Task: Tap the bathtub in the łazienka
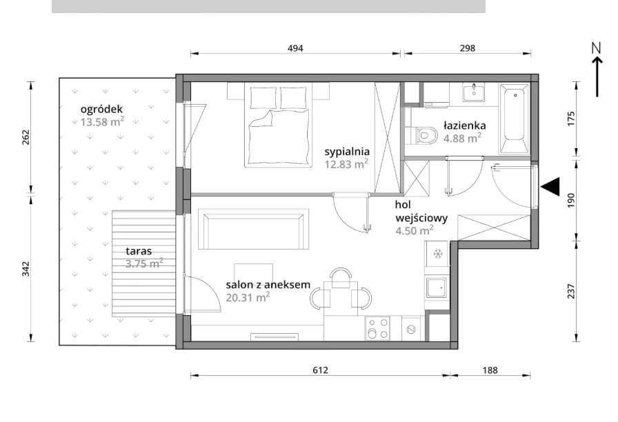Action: [x=515, y=118]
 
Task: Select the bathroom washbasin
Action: [x=473, y=92]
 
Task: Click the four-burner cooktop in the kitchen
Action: [x=377, y=328]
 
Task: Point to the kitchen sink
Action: [x=437, y=289]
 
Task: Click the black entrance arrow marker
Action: [x=550, y=186]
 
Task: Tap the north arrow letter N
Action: [x=597, y=48]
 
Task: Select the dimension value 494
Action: [x=295, y=48]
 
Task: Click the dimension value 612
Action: [x=320, y=370]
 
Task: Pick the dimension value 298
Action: [x=468, y=48]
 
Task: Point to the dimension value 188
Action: [x=490, y=370]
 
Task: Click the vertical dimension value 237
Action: [x=571, y=291]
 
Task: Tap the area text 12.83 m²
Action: [x=346, y=163]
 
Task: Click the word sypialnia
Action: [x=347, y=152]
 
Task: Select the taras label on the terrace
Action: [x=139, y=251]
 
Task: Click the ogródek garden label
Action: [x=101, y=109]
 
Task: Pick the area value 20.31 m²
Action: [x=248, y=297]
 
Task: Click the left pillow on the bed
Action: [x=263, y=97]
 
